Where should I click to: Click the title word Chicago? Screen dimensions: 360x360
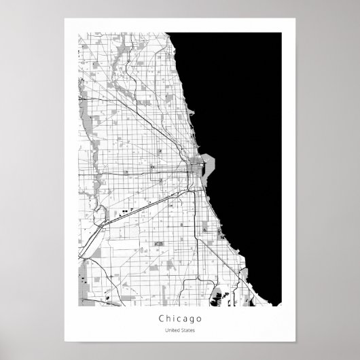179,317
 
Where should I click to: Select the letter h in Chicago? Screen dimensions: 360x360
168,317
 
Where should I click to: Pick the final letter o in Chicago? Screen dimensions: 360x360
198,317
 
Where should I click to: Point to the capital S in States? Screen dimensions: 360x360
181,331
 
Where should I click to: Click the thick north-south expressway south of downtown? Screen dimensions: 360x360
196,217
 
